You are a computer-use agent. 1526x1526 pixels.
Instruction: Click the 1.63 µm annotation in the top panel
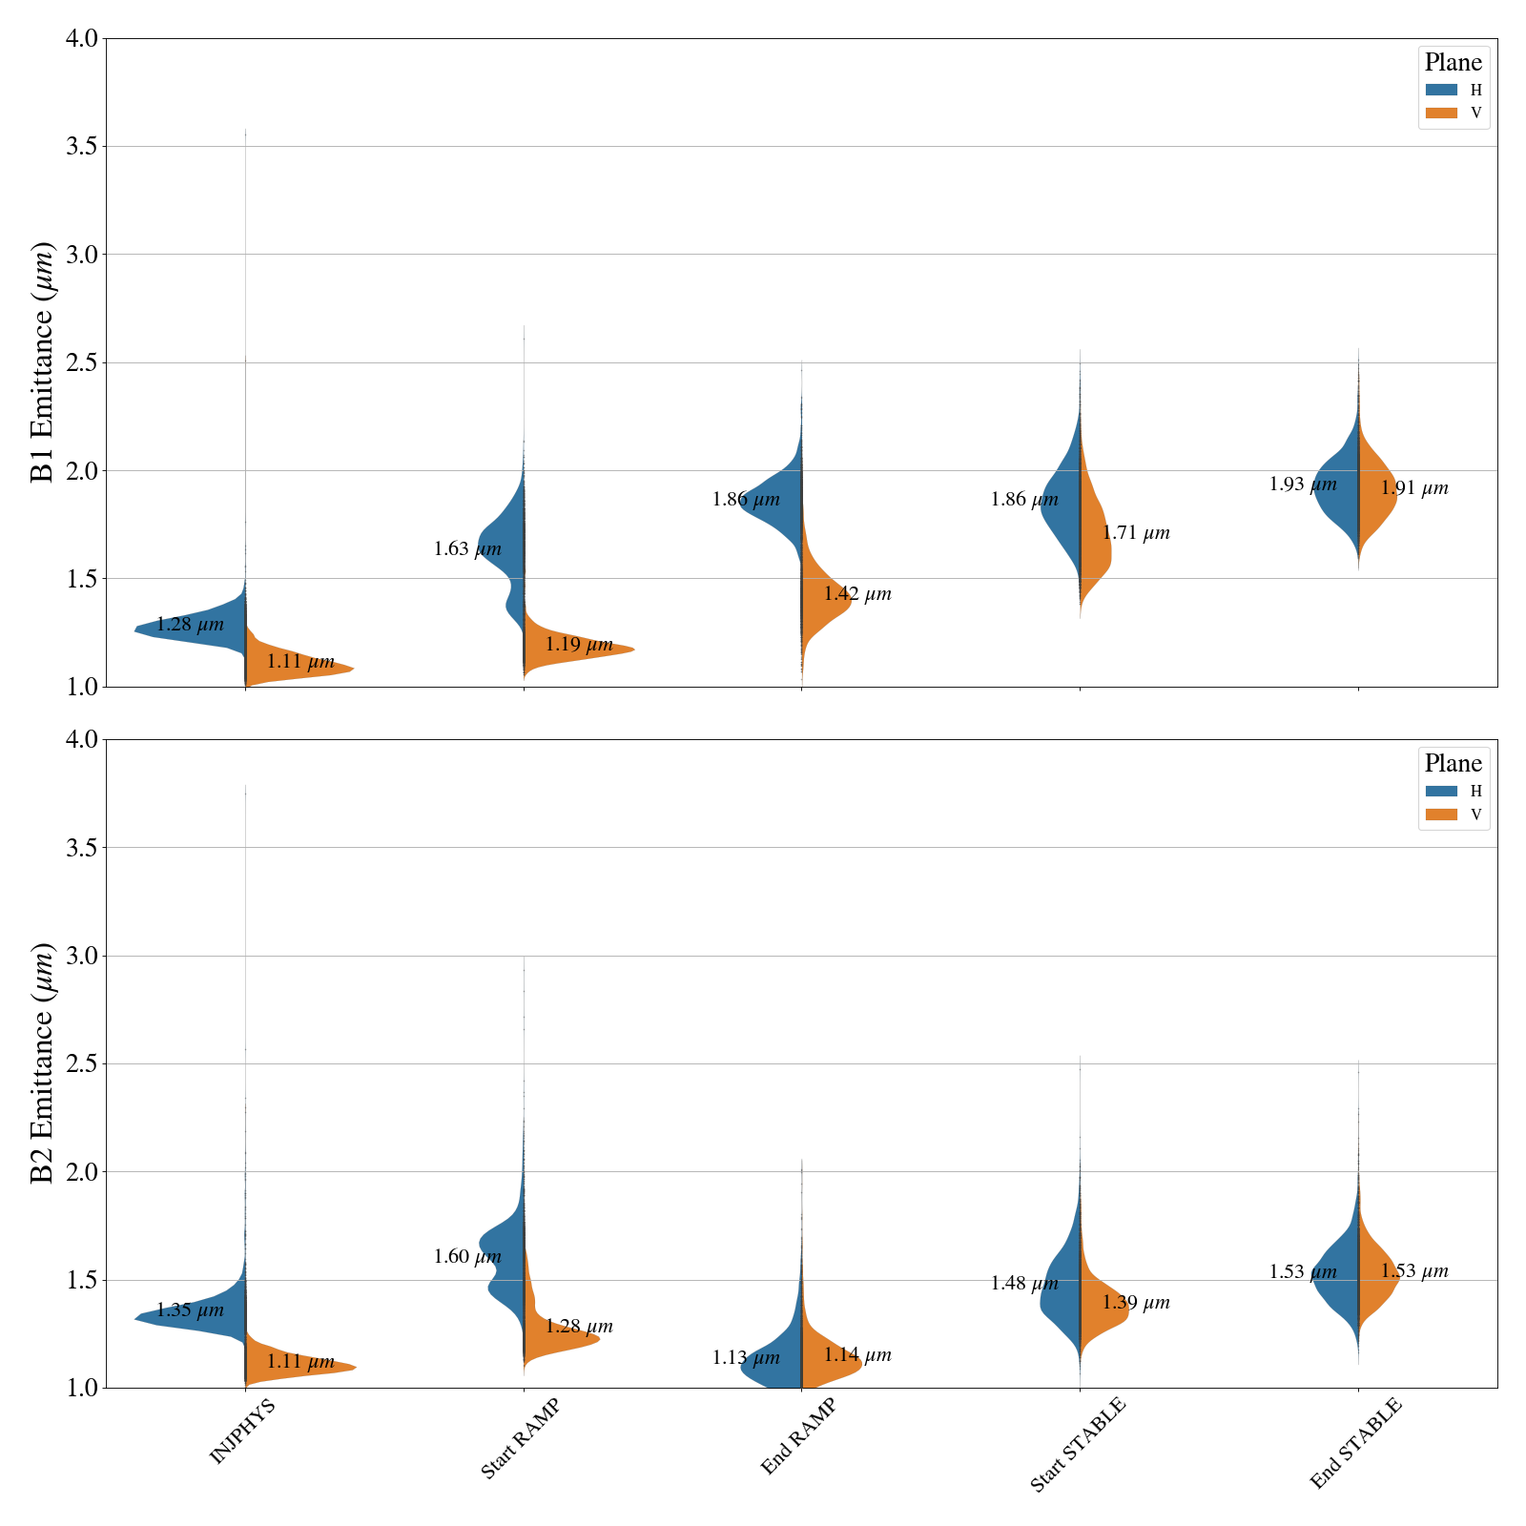coord(467,549)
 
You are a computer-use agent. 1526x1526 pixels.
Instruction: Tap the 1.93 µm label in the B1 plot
coord(1303,485)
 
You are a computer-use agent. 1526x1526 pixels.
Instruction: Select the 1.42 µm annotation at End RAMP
coord(857,594)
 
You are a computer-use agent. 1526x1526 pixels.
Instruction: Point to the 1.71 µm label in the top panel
coord(1136,533)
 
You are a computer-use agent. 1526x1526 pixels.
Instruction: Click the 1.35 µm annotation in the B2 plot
coord(190,1310)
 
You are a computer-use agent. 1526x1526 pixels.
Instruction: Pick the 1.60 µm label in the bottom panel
coord(467,1257)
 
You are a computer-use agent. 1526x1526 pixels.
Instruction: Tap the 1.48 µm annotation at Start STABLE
coord(1024,1284)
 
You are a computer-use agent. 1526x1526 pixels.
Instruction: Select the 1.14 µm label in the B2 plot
coord(857,1355)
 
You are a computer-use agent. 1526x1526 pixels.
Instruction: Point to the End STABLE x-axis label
coord(1355,1443)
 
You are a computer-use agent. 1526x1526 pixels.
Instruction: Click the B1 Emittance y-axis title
coord(43,362)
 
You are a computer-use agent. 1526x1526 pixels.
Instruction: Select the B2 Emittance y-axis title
coord(43,1063)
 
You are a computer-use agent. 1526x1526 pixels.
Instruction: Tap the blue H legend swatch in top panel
coord(1441,90)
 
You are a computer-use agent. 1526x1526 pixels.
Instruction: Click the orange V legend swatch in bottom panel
coord(1441,815)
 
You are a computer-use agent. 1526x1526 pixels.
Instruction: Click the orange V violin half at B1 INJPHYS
coord(296,669)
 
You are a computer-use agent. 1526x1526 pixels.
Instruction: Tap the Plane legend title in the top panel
coord(1453,63)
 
